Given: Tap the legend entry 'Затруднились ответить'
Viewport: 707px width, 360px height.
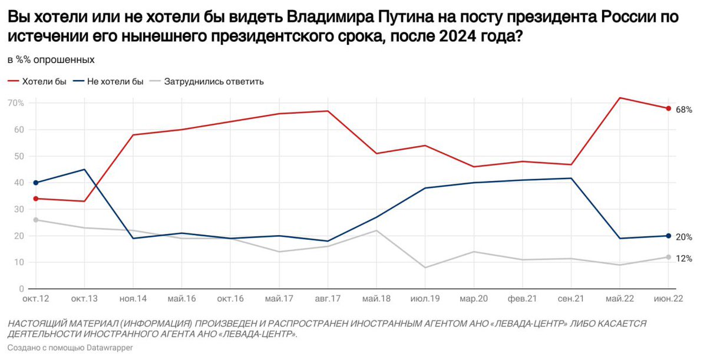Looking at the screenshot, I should (214, 81).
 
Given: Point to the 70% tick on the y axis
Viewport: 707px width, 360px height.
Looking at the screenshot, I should (16, 103).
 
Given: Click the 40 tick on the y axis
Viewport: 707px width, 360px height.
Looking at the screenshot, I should (19, 183).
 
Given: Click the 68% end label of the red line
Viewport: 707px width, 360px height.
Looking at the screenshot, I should (683, 110).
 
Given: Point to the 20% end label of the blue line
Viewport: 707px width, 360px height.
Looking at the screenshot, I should (683, 237).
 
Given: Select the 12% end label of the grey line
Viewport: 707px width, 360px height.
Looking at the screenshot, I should (683, 259).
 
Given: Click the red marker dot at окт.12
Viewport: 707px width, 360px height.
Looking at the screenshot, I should (36, 199).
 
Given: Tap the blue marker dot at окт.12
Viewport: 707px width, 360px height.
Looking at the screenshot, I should (36, 183).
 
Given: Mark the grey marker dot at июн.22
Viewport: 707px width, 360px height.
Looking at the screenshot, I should (668, 257).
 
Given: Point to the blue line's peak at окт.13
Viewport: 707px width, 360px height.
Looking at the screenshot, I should (85, 170).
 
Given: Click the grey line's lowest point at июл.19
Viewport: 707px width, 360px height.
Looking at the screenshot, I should (425, 267).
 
